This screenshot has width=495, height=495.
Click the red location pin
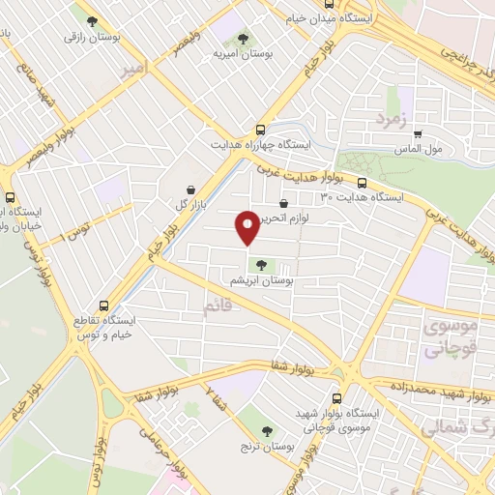tap(247, 226)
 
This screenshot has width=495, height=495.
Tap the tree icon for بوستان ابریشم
tap(260, 264)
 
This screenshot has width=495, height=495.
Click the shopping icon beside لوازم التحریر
tap(282, 204)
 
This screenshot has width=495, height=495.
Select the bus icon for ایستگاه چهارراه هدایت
tap(259, 130)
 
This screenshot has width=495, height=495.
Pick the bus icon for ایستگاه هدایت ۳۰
tap(362, 184)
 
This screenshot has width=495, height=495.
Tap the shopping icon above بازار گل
tap(190, 189)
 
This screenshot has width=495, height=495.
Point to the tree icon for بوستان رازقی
tap(92, 21)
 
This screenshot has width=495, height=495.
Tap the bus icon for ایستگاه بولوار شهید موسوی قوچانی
tap(335, 397)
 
